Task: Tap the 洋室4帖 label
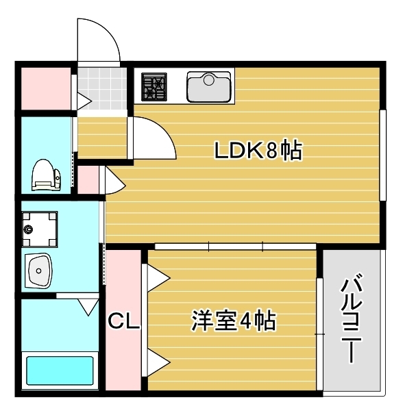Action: tap(234, 320)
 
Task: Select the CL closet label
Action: tap(124, 321)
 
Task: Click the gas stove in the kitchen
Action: tap(156, 86)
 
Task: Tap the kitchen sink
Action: tap(209, 86)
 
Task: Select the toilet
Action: tap(45, 175)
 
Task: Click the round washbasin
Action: tap(38, 272)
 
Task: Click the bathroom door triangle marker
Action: tap(88, 305)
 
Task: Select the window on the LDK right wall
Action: tap(382, 153)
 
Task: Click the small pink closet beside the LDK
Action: tap(88, 180)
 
